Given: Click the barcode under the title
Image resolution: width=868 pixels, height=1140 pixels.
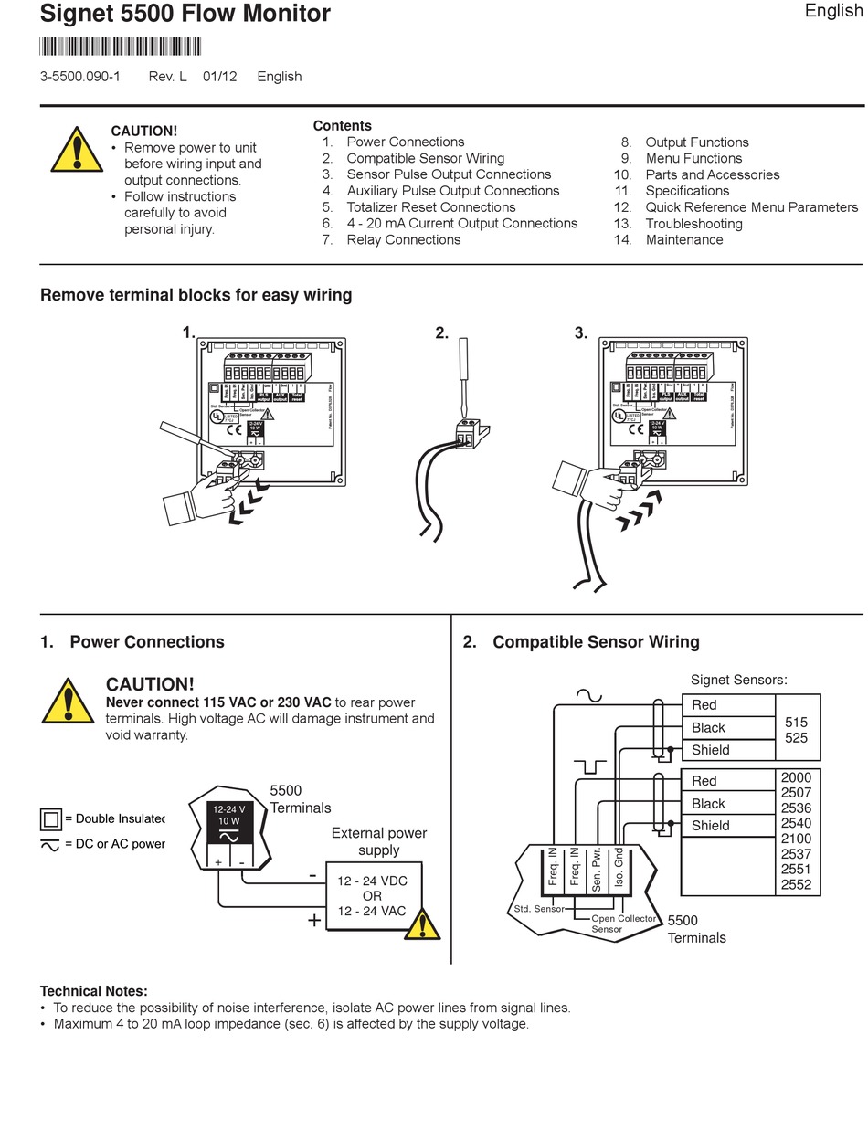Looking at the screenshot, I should click(121, 47).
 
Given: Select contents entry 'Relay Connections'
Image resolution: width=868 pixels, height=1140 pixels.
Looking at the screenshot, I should click(403, 240).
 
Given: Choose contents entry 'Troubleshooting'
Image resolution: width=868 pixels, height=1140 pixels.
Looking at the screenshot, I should click(693, 224).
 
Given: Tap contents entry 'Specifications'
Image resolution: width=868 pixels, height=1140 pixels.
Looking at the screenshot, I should click(687, 191).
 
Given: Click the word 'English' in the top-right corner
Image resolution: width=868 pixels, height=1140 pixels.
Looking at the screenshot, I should click(833, 12).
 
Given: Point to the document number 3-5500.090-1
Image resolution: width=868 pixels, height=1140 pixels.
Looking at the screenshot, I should click(80, 77).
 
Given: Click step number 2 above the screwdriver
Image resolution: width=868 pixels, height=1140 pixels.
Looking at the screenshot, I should click(441, 333).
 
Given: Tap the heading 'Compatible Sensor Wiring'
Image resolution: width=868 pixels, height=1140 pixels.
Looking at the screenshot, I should click(596, 642).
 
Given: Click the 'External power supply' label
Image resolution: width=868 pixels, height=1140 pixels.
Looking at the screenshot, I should click(379, 841).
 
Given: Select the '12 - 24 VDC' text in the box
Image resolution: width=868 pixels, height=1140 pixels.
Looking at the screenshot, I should click(373, 881).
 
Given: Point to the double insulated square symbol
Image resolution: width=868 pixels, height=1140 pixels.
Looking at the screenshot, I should click(50, 818).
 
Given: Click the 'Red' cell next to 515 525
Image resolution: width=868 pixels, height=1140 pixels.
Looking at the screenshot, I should click(704, 705).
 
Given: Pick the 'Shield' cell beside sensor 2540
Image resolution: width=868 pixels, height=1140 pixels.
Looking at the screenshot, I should click(710, 826).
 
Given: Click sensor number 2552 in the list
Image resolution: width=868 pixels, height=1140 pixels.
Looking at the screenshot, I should click(796, 884).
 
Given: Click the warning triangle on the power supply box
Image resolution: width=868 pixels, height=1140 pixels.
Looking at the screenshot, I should click(421, 925).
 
